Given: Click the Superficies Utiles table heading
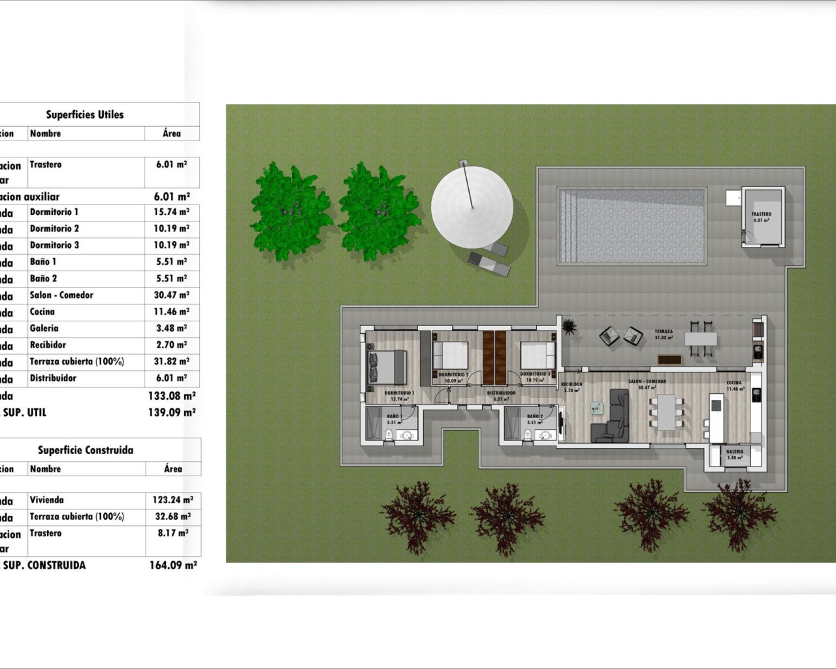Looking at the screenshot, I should tap(85, 114).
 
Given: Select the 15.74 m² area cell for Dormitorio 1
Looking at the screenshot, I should tap(171, 212).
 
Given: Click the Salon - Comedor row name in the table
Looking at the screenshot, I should tap(61, 295).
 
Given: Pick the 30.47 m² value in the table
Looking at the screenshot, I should tap(171, 295).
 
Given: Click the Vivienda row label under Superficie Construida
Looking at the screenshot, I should tap(46, 500).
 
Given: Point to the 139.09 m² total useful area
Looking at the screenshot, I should tap(172, 413).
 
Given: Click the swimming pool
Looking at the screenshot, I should tap(631, 226).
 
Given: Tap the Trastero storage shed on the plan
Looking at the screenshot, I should tap(762, 217).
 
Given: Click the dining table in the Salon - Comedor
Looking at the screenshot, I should tap(666, 412).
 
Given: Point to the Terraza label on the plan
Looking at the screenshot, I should tap(664, 332).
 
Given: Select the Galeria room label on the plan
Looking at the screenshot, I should tap(735, 451).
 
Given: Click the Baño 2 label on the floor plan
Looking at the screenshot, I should tap(534, 416).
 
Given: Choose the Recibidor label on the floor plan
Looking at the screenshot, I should tap(571, 384).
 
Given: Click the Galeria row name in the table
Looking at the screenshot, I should tap(44, 329).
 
